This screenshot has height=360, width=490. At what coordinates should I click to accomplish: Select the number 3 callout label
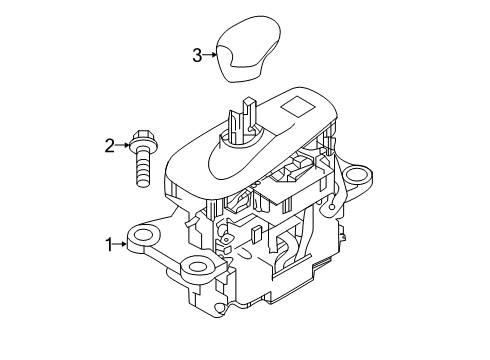click(197, 55)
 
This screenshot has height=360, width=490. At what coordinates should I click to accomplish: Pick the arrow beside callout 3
click(211, 55)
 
